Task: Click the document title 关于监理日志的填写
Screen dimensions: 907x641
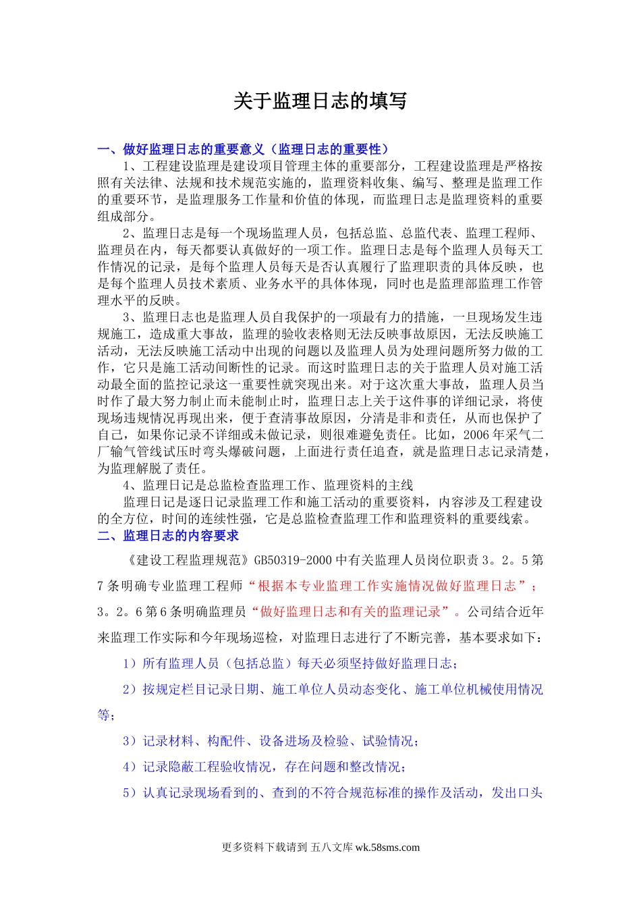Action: click(320, 101)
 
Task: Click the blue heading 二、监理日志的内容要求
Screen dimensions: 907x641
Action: click(168, 536)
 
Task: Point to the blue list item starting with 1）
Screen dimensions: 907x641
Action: click(291, 664)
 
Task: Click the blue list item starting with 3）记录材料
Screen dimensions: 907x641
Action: click(271, 742)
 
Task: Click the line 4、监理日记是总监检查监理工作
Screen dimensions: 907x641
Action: click(268, 486)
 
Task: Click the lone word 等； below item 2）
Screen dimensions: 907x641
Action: click(107, 715)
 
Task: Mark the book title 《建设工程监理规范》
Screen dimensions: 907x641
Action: click(188, 560)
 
